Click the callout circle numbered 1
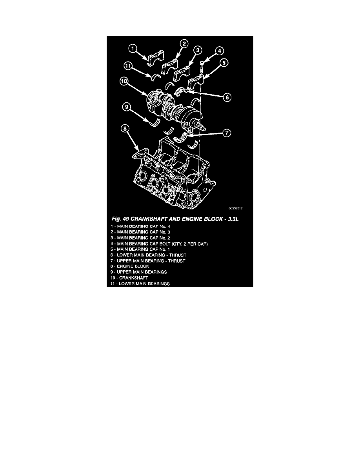134,49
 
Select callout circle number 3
198,50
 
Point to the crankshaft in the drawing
173,108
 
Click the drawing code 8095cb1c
236,209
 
